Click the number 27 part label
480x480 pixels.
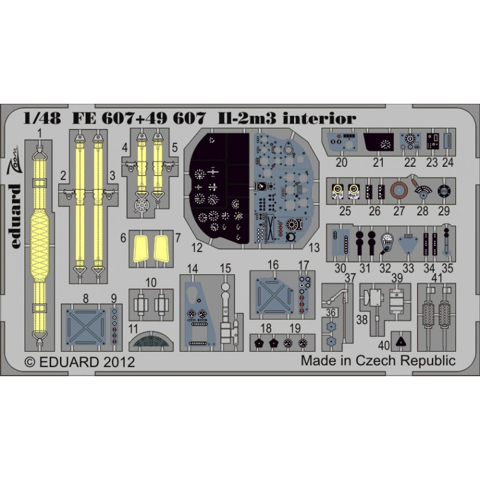(399, 211)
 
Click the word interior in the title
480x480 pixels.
(319, 118)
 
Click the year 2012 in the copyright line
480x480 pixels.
(119, 362)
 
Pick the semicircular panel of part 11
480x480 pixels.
(151, 341)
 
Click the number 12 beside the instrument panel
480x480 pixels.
(197, 248)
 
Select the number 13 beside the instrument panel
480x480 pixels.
(314, 248)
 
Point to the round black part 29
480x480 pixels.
(443, 191)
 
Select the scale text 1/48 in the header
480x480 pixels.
(42, 118)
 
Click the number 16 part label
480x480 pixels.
(273, 265)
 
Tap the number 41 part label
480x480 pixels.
(437, 278)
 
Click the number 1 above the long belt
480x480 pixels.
(39, 133)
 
